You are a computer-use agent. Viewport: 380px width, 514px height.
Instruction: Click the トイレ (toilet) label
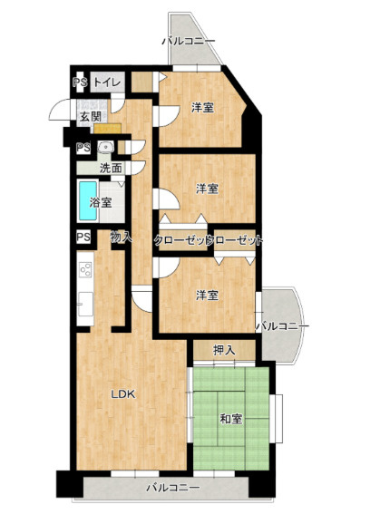coord(107,82)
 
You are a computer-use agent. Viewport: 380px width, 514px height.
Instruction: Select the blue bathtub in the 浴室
coord(88,201)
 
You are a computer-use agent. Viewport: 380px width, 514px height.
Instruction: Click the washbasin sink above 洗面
coord(105,147)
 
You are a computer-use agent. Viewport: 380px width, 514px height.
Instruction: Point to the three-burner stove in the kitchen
coord(85,270)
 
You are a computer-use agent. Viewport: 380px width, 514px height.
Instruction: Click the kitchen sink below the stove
coord(85,305)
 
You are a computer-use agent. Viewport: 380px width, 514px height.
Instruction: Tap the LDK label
coord(123,394)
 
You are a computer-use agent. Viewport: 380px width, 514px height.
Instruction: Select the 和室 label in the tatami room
coord(231,419)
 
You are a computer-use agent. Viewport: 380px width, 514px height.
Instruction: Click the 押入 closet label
coord(224,350)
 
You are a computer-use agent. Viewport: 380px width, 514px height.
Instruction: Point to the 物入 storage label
coord(122,237)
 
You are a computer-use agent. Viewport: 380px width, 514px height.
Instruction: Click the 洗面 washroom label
coord(111,169)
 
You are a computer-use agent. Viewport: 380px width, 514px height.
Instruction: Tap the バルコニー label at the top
coord(189,42)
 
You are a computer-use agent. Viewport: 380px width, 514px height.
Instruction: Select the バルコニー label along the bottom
coord(173,488)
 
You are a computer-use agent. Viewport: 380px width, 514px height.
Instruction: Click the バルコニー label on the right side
coord(282,326)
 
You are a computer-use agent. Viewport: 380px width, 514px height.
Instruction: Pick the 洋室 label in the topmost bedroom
coord(203,108)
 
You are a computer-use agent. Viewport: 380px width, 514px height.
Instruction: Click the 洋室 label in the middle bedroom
coord(207,189)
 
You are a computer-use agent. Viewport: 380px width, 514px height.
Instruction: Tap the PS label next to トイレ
coord(80,82)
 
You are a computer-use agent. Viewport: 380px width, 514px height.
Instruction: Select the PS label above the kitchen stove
coord(83,237)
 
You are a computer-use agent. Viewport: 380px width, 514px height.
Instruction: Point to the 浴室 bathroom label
coord(101,202)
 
